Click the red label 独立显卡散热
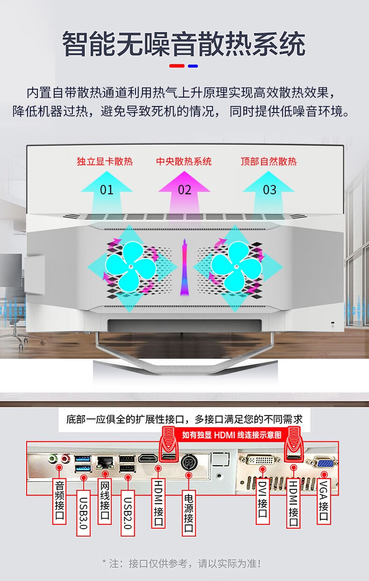[105, 161]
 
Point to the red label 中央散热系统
[184, 161]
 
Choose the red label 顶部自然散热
[269, 161]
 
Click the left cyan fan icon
[131, 267]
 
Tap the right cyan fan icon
[236, 267]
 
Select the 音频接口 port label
[59, 502]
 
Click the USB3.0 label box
[83, 513]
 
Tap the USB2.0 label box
[128, 513]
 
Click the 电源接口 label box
[189, 513]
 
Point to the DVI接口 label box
[263, 502]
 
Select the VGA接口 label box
[324, 502]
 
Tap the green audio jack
[53, 459]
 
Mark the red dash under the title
[177, 66]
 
